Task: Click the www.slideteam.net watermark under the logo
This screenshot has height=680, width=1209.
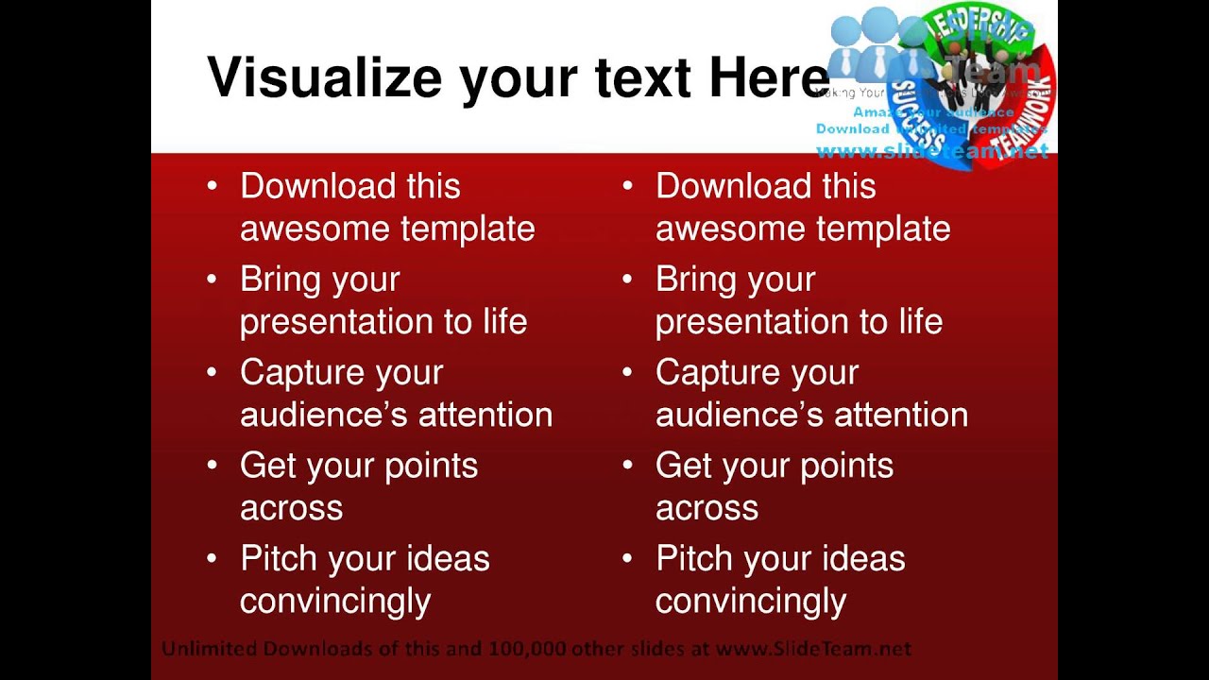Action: (931, 151)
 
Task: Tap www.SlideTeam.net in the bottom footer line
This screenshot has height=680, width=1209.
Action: (813, 649)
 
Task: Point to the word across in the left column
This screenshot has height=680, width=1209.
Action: (291, 508)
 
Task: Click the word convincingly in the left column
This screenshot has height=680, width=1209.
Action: (335, 601)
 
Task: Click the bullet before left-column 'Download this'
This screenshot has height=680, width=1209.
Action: (212, 187)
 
